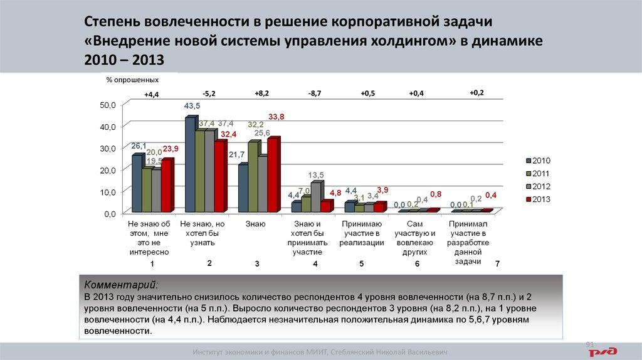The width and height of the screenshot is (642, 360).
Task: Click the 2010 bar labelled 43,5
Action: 190,164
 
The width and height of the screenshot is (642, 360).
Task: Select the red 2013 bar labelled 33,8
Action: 273,175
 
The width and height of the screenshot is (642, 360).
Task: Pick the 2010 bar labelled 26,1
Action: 137,183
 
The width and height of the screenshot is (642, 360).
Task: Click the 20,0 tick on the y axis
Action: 108,171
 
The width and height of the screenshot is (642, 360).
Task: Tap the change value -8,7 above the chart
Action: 315,93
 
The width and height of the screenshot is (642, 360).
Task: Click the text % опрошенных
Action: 132,80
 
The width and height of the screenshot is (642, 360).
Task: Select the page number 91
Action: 589,344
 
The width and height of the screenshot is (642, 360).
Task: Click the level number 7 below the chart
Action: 497,265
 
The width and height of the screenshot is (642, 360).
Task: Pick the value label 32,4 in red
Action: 228,134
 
